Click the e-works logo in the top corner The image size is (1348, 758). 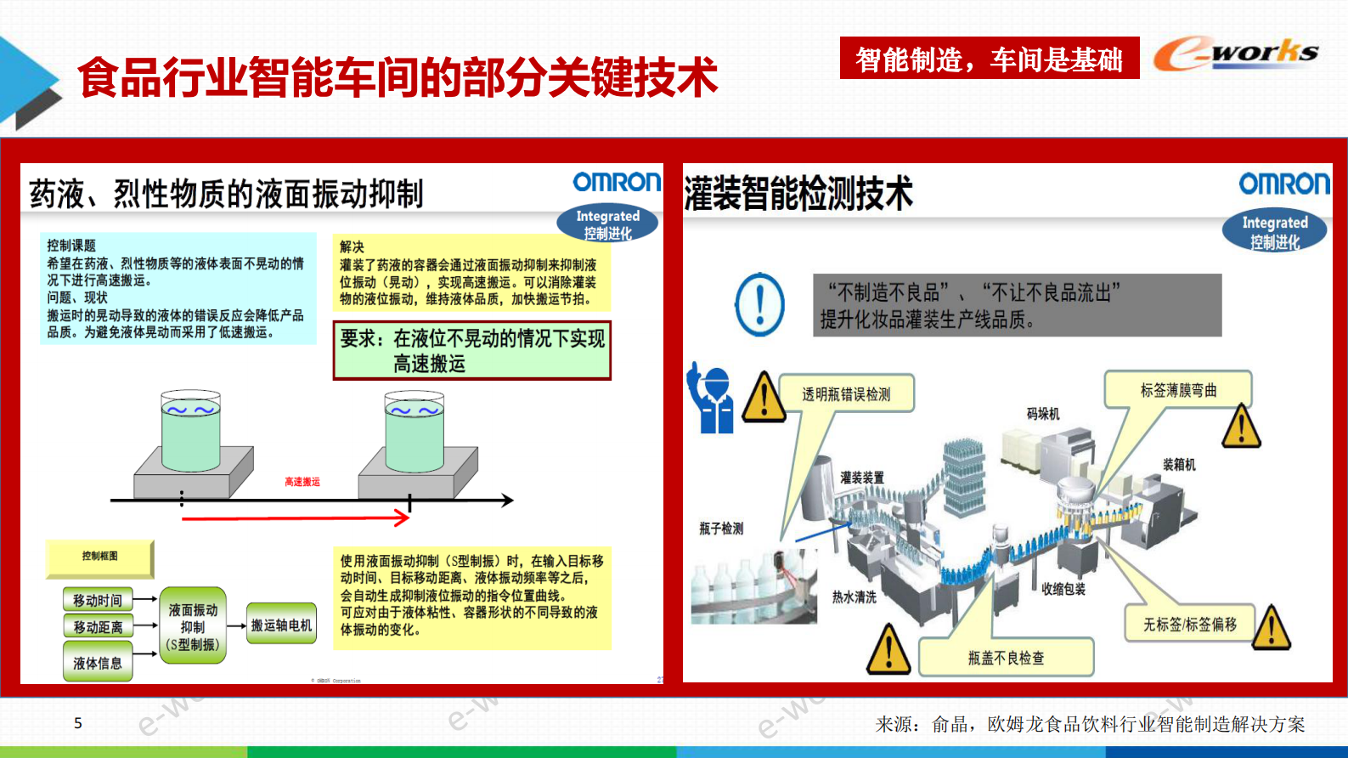pyautogui.click(x=1235, y=54)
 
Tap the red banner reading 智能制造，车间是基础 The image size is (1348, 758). pyautogui.click(x=989, y=59)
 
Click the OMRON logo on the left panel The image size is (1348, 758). pyautogui.click(x=616, y=182)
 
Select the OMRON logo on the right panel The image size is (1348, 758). pyautogui.click(x=1283, y=184)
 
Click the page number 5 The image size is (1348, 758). pyautogui.click(x=78, y=723)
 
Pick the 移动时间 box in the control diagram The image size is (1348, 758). pyautogui.click(x=98, y=600)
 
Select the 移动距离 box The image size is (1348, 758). pyautogui.click(x=98, y=627)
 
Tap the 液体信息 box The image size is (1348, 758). pyautogui.click(x=98, y=663)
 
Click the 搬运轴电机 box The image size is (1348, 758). pyautogui.click(x=281, y=625)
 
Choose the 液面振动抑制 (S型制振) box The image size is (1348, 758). pyautogui.click(x=193, y=626)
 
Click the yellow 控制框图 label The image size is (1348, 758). pyautogui.click(x=99, y=557)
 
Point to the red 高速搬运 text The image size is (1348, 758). pyautogui.click(x=302, y=482)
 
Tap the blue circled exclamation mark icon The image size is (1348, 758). pyautogui.click(x=759, y=304)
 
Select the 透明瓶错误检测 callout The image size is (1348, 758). pyautogui.click(x=846, y=394)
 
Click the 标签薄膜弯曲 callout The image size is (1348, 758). pyautogui.click(x=1178, y=390)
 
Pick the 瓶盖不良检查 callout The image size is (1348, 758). pyautogui.click(x=1006, y=658)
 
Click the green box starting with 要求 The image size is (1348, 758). pyautogui.click(x=471, y=350)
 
